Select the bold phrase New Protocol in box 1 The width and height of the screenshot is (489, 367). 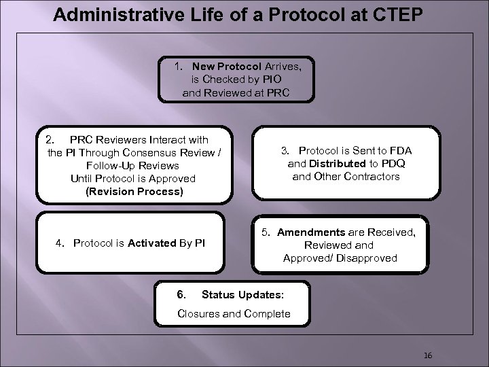click(x=222, y=67)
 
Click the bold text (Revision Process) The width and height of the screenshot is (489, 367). click(x=134, y=191)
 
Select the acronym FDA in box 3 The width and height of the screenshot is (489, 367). click(x=399, y=150)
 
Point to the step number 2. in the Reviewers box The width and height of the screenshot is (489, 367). click(x=50, y=139)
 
